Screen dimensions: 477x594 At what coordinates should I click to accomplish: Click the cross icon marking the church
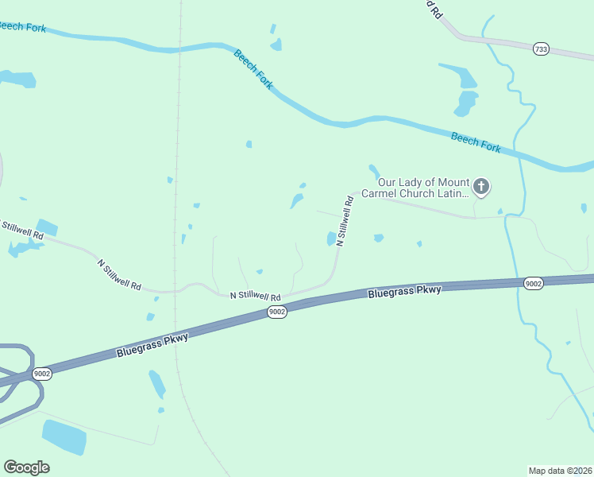click(x=480, y=188)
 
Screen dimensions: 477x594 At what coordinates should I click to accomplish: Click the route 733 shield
click(x=541, y=49)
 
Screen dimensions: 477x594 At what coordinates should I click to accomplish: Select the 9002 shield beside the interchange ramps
click(x=42, y=374)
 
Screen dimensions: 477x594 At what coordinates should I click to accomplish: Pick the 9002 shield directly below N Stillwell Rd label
click(x=276, y=312)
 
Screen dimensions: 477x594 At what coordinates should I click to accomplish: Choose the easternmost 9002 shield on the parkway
click(x=534, y=284)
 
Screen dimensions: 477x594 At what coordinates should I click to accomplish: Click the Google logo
click(x=26, y=467)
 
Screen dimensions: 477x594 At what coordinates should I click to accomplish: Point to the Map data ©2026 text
click(x=560, y=470)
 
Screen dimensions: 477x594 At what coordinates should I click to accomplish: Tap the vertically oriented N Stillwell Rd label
click(x=345, y=220)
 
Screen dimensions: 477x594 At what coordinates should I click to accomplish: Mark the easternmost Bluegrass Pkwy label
click(x=404, y=292)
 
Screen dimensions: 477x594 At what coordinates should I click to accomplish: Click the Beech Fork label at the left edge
click(x=22, y=26)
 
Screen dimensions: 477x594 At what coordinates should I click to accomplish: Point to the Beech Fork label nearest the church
click(x=476, y=142)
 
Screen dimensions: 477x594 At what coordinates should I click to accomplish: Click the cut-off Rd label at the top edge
click(x=433, y=9)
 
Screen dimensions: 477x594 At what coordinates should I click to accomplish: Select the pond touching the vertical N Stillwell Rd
click(x=331, y=238)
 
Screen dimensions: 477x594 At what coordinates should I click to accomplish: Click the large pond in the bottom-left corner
click(x=64, y=436)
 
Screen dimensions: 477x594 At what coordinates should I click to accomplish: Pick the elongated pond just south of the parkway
click(x=156, y=384)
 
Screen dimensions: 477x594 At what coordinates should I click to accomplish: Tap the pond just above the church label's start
click(x=374, y=171)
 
